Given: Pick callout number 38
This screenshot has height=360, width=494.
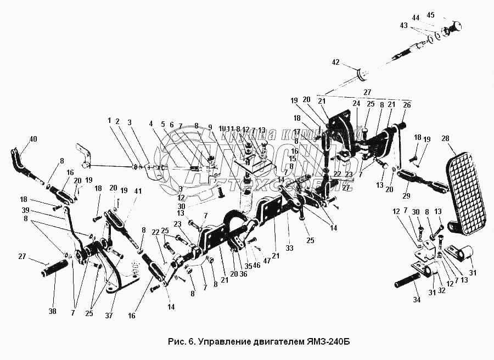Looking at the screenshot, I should (x=52, y=311).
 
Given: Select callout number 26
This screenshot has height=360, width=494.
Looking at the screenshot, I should (x=406, y=105).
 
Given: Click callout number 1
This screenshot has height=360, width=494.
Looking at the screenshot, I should (x=109, y=121).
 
